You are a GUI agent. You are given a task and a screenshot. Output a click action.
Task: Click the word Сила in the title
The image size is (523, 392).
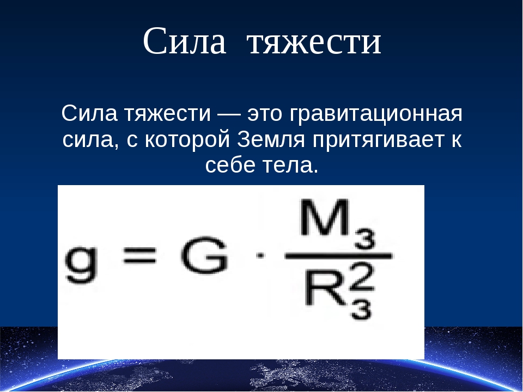[185, 41]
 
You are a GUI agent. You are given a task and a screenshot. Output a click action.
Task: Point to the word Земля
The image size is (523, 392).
[271, 140]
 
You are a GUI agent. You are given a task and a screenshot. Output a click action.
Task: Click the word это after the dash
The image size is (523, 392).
[264, 114]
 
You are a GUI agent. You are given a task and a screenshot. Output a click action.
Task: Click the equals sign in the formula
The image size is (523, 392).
[140, 256]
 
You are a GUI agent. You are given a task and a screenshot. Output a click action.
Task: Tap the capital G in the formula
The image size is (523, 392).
[204, 256]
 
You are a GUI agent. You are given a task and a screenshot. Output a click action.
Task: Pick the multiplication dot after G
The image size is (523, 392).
[260, 256]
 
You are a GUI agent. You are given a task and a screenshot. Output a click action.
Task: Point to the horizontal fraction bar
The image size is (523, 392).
[338, 256]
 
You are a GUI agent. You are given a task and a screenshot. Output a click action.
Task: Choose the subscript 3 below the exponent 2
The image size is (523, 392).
[361, 309]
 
